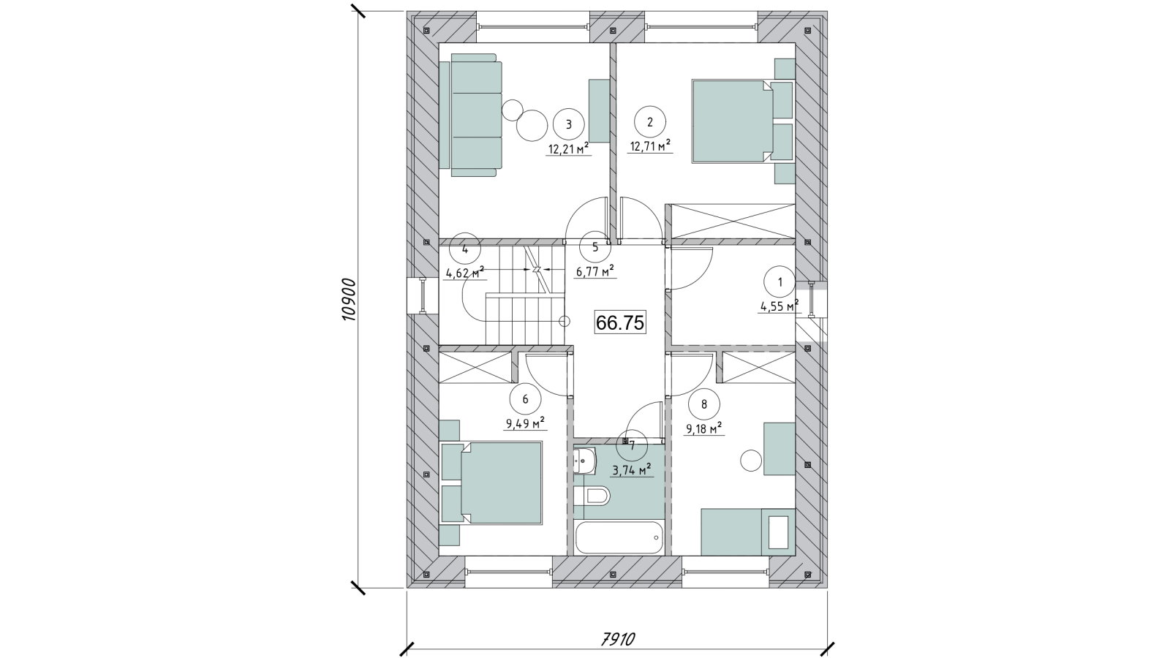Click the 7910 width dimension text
(x=617, y=639)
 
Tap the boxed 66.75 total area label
(x=620, y=322)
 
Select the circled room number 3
(x=569, y=124)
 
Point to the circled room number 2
(x=650, y=122)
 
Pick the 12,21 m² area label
(x=569, y=149)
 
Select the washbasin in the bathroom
(x=585, y=461)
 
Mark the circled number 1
(x=780, y=282)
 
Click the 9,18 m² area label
(x=703, y=428)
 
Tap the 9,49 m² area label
(x=525, y=423)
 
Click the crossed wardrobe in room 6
(x=475, y=368)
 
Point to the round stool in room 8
(x=752, y=460)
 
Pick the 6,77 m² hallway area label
(x=595, y=271)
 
